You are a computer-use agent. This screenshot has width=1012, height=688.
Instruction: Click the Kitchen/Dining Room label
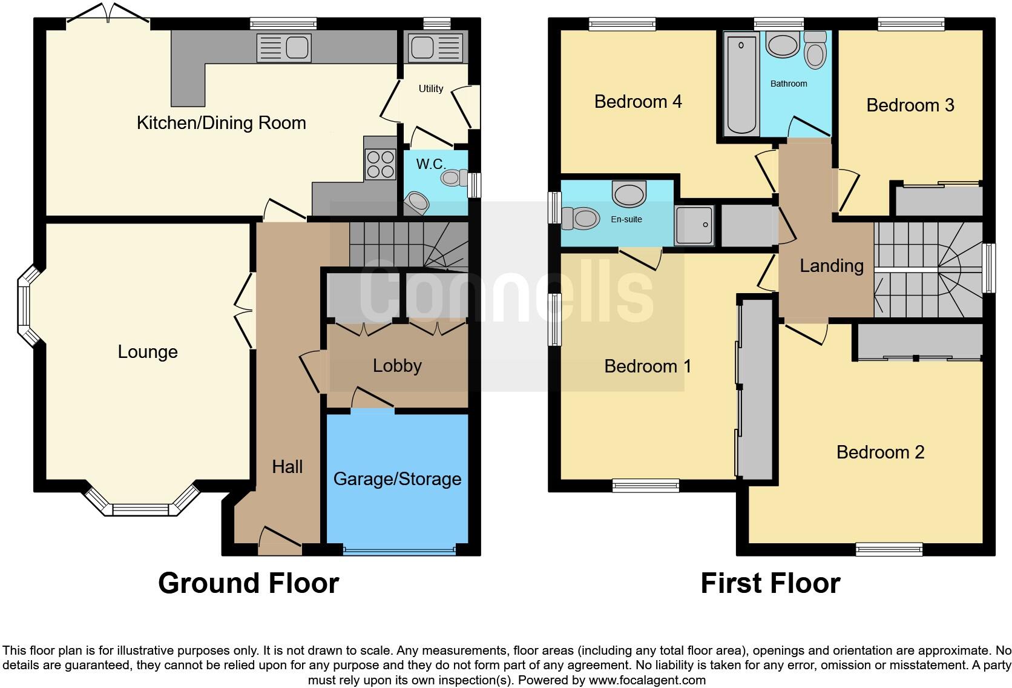221,123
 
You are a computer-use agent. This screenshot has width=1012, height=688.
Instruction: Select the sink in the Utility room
435,46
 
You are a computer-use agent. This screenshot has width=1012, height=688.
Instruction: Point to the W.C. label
430,164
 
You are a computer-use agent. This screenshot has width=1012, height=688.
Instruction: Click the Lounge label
148,352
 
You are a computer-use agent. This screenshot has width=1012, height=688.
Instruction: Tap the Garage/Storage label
397,479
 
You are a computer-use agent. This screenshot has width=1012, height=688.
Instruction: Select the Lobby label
397,366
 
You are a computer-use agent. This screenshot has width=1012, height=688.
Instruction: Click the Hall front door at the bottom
280,540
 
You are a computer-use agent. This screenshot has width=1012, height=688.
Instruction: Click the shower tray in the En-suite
694,225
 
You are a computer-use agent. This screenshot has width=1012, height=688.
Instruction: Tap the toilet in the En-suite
580,218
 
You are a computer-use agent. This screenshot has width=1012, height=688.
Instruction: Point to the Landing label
831,266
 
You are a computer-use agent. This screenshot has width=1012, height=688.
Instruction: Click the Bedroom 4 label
638,102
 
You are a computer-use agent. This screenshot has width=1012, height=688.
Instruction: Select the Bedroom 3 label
910,105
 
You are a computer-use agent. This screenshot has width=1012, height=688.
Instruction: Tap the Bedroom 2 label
880,452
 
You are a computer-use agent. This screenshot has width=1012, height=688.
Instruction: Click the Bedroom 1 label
648,366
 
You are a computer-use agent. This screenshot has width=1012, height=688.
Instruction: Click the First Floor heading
770,583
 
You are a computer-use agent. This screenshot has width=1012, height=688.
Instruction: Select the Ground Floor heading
248,583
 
